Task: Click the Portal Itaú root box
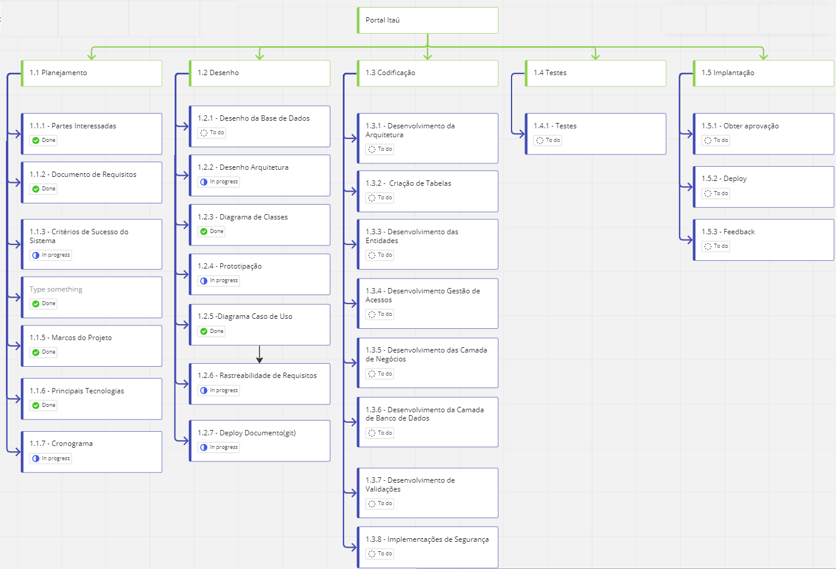[x=427, y=20]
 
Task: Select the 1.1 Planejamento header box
[x=92, y=73]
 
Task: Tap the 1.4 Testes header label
[x=550, y=73]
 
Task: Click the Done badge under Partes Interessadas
[x=44, y=140]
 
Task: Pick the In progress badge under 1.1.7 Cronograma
[x=51, y=458]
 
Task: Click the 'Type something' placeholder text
[x=56, y=289]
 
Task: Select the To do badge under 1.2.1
[x=212, y=133]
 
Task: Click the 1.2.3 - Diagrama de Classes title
[x=243, y=217]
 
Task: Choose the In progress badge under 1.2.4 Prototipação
[x=219, y=281]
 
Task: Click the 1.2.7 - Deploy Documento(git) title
[x=247, y=433]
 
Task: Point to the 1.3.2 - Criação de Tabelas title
[x=409, y=183]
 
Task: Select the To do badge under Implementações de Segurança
[x=380, y=554]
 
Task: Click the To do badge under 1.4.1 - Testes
[x=548, y=140]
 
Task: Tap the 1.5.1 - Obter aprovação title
[x=740, y=126]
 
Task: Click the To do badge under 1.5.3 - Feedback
[x=716, y=246]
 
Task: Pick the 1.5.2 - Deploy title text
[x=724, y=179]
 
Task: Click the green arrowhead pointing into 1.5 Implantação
[x=764, y=56]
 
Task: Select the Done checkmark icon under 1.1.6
[x=36, y=405]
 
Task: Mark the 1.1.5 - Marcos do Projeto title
[x=71, y=338]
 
